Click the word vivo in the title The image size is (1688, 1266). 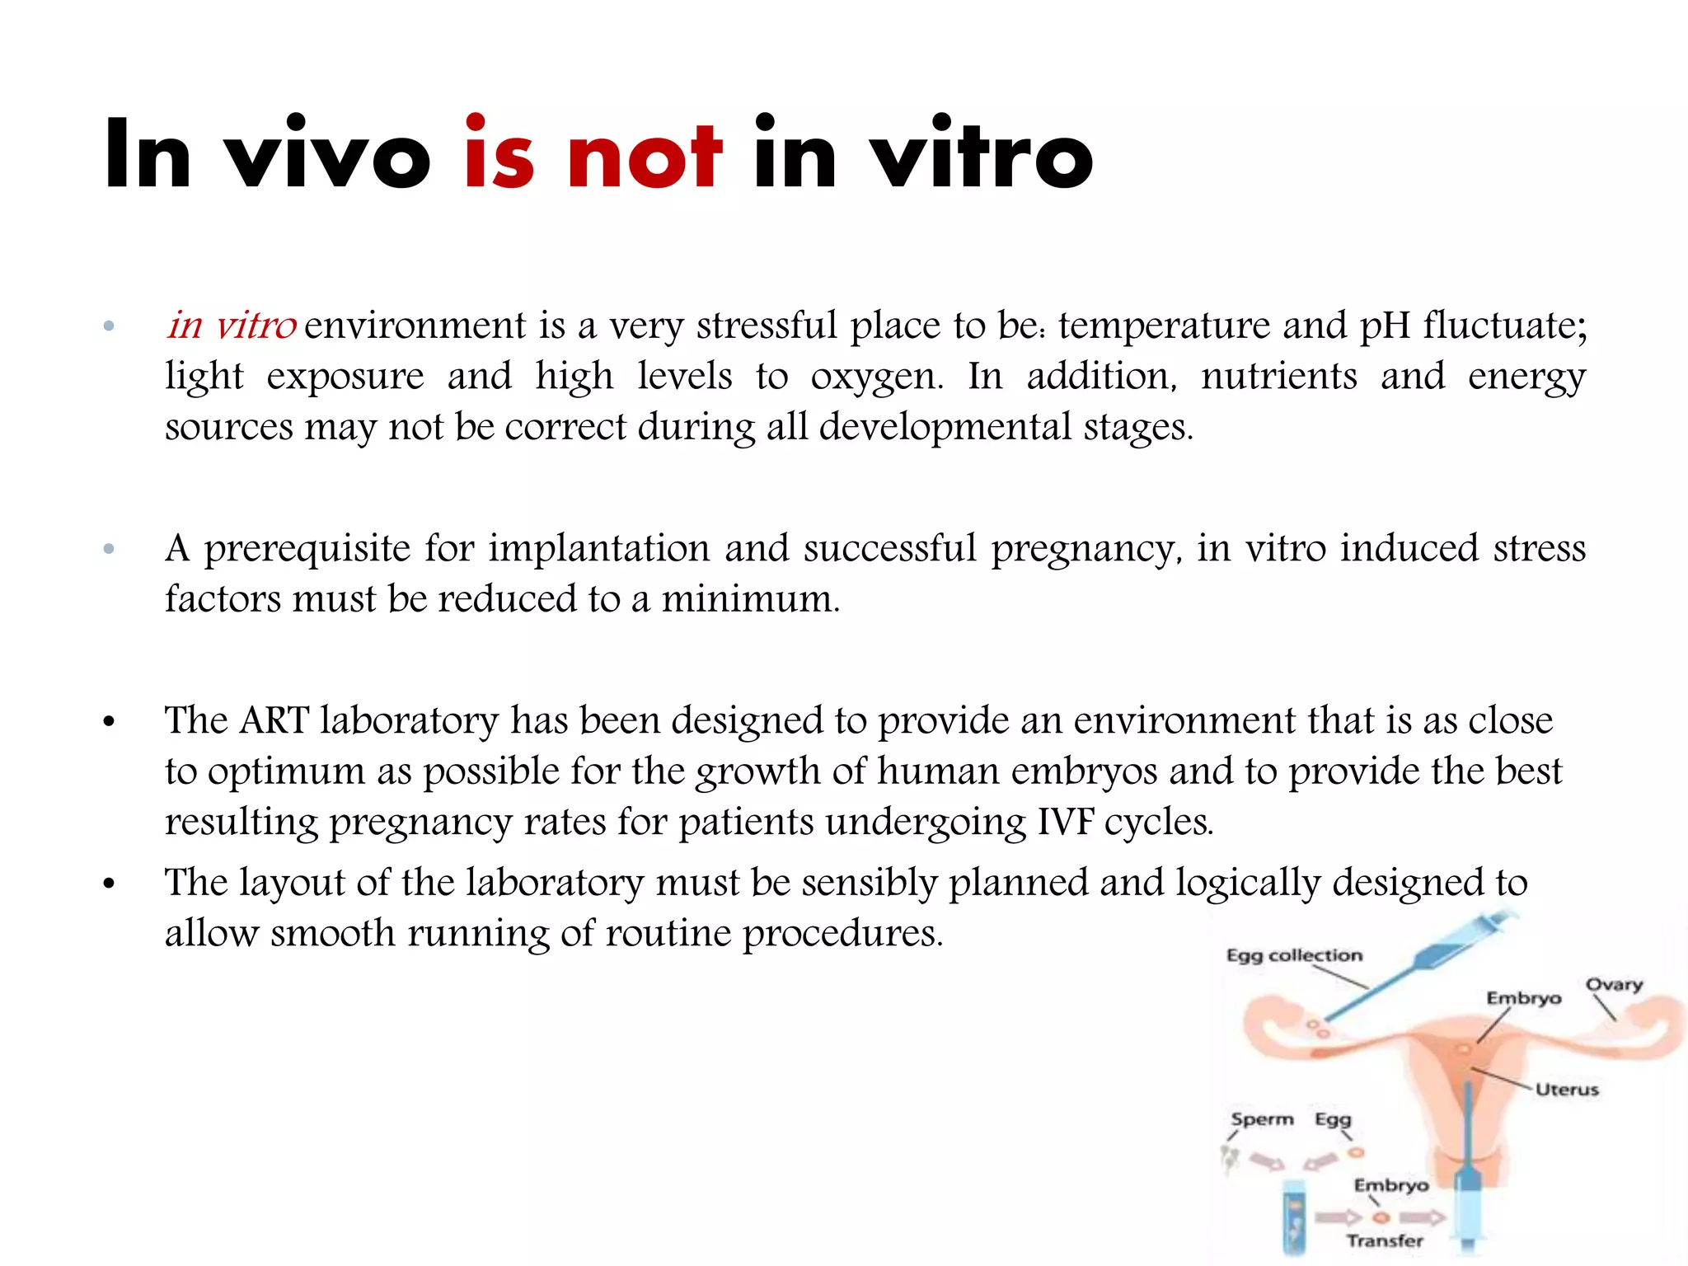pyautogui.click(x=328, y=155)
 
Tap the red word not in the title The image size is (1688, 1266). pyautogui.click(x=645, y=155)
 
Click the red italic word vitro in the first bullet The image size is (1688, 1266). pyautogui.click(x=256, y=326)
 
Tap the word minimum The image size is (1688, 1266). pyautogui.click(x=750, y=599)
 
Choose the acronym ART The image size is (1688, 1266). pyautogui.click(x=274, y=720)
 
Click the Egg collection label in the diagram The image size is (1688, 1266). pyautogui.click(x=1294, y=955)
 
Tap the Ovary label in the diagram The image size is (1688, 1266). pyautogui.click(x=1614, y=985)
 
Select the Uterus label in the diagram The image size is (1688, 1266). pyautogui.click(x=1567, y=1090)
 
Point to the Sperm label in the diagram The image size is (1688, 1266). pyautogui.click(x=1262, y=1119)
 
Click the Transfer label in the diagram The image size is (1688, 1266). pyautogui.click(x=1385, y=1240)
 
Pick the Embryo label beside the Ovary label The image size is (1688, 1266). pyautogui.click(x=1523, y=998)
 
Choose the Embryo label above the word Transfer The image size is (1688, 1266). pyautogui.click(x=1391, y=1185)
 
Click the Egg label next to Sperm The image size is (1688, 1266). pyautogui.click(x=1333, y=1119)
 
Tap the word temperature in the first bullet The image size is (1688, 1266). pyautogui.click(x=1164, y=326)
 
